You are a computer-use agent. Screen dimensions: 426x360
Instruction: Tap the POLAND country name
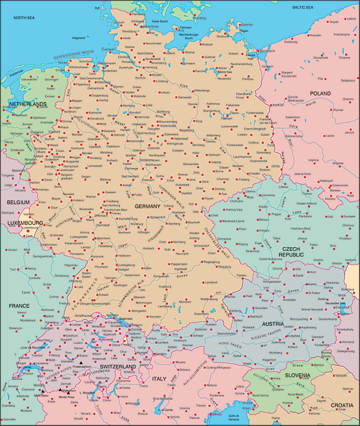pyautogui.click(x=320, y=94)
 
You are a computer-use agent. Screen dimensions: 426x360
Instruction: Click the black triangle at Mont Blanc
pyautogui.click(x=44, y=391)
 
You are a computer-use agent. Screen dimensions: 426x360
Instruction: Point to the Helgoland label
pyautogui.click(x=79, y=37)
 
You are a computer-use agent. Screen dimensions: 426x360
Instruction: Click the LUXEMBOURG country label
pyautogui.click(x=25, y=223)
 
